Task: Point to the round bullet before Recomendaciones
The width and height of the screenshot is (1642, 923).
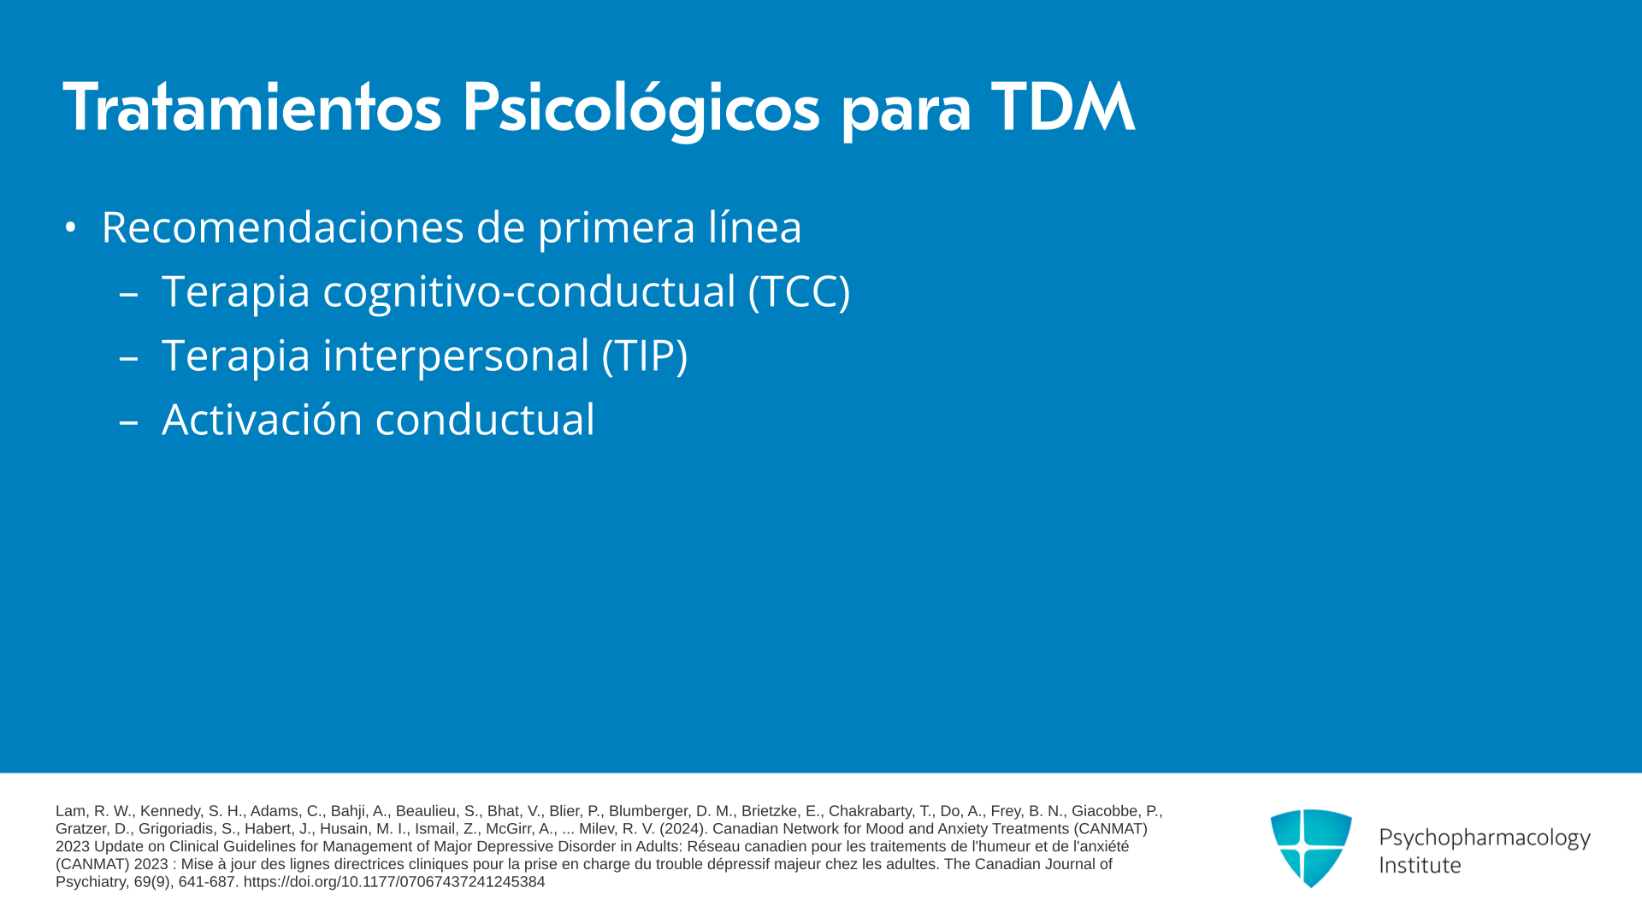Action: [70, 228]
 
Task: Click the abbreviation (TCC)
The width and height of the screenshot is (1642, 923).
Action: [799, 291]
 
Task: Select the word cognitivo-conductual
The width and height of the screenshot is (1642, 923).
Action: [529, 292]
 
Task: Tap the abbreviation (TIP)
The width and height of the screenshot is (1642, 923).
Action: [645, 356]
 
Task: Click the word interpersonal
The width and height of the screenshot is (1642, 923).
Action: [456, 356]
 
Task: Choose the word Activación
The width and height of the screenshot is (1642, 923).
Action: [263, 420]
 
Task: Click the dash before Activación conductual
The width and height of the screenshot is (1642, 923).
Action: [128, 421]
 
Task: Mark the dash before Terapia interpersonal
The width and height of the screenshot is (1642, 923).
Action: [128, 357]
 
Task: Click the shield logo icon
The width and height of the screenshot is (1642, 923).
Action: [1311, 848]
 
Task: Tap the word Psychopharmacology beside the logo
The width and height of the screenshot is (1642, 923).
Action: [1485, 838]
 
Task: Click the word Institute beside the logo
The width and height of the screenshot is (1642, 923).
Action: [1420, 865]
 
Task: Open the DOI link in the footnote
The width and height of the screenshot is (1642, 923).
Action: [394, 882]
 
